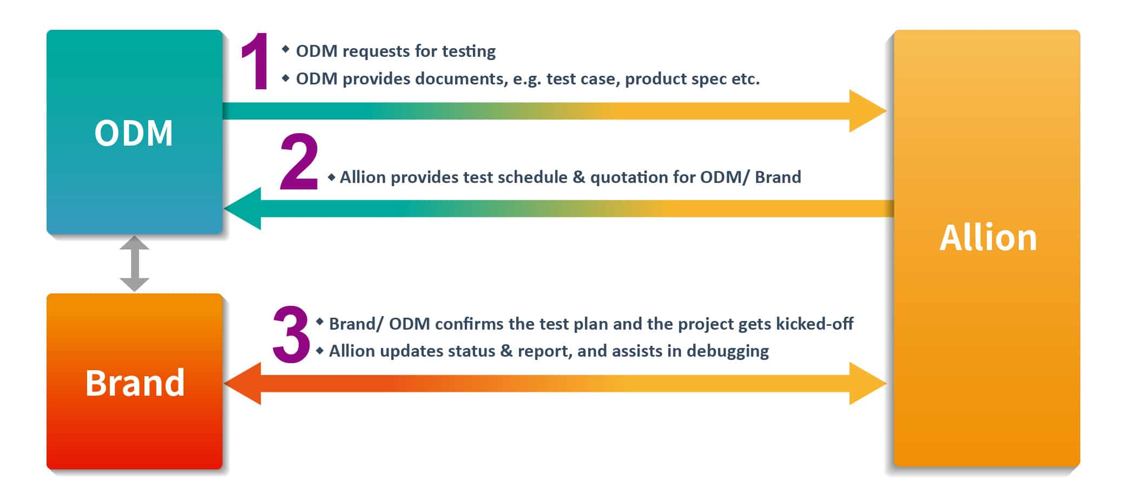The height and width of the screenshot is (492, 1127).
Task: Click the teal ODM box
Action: (x=135, y=132)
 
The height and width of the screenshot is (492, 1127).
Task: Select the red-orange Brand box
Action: (x=135, y=381)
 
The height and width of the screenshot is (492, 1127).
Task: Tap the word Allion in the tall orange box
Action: (x=988, y=238)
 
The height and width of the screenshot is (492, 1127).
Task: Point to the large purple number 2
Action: (x=299, y=162)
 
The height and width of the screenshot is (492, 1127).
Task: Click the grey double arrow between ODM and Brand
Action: (x=134, y=264)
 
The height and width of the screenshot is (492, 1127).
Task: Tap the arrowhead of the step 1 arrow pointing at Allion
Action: (x=868, y=111)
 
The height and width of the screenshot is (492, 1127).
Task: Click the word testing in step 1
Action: (x=469, y=51)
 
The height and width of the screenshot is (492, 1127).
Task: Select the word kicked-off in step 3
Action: (x=815, y=324)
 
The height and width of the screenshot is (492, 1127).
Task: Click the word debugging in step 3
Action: (x=728, y=351)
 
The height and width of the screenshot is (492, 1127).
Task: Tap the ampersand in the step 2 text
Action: (x=579, y=178)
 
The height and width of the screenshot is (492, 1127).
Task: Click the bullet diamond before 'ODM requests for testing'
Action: (x=286, y=49)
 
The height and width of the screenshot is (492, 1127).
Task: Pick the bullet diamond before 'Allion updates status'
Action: (x=319, y=350)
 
